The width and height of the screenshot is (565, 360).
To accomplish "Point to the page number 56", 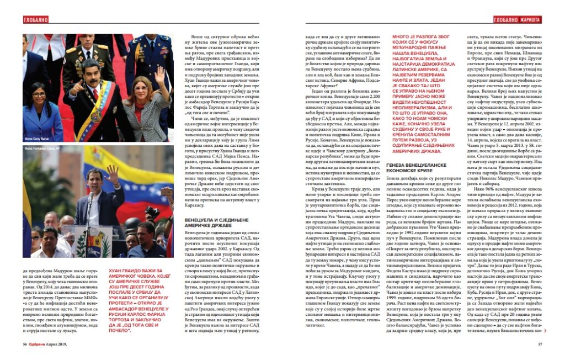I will (25, 343).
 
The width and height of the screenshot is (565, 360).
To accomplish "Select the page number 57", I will (541, 343).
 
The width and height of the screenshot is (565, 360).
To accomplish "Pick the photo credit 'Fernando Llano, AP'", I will (44, 149).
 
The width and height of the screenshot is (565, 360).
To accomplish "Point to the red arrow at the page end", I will (545, 331).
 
